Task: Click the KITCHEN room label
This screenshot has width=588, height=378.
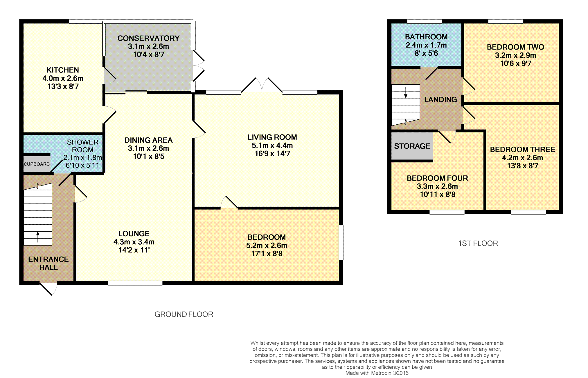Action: (63, 70)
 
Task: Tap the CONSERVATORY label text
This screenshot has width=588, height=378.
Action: (148, 38)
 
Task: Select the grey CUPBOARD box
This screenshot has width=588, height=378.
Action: (37, 164)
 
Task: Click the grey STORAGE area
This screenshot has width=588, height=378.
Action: (412, 146)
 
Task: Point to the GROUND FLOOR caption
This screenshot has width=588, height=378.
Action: (184, 314)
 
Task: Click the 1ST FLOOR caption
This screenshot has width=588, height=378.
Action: (478, 243)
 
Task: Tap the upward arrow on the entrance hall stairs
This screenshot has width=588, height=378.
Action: (38, 237)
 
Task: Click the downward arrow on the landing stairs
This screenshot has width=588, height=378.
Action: (406, 92)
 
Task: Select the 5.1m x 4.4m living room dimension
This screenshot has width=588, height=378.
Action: (272, 146)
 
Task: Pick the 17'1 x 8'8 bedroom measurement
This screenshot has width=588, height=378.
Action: (267, 254)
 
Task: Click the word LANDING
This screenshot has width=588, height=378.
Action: (440, 100)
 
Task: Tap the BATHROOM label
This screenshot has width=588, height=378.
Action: (426, 37)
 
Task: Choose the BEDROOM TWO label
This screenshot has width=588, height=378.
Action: (515, 47)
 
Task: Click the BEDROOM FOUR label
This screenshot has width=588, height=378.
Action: (437, 178)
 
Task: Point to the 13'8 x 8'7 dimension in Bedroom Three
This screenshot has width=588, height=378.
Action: (522, 166)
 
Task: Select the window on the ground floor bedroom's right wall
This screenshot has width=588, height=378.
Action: (341, 243)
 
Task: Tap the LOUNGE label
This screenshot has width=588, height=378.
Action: (134, 234)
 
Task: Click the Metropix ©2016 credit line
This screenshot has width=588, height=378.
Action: (377, 373)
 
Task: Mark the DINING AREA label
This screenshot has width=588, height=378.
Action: (148, 140)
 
